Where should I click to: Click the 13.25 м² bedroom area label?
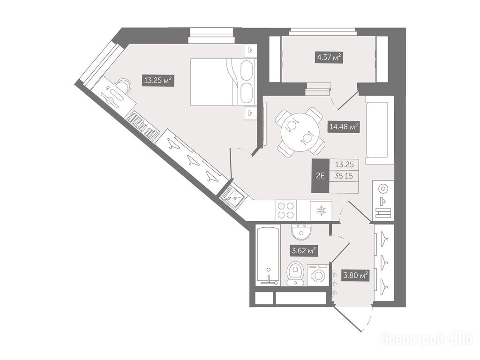(157, 81)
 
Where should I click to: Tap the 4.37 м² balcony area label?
(329, 57)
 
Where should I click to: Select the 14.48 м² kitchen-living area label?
(344, 126)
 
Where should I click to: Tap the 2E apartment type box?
(320, 176)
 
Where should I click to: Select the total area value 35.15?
(344, 176)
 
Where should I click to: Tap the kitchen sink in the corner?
(232, 197)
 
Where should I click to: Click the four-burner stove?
(285, 210)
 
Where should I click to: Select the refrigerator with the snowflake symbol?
(321, 210)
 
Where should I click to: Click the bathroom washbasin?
(301, 232)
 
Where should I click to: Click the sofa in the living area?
(379, 130)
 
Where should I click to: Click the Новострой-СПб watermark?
(427, 339)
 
